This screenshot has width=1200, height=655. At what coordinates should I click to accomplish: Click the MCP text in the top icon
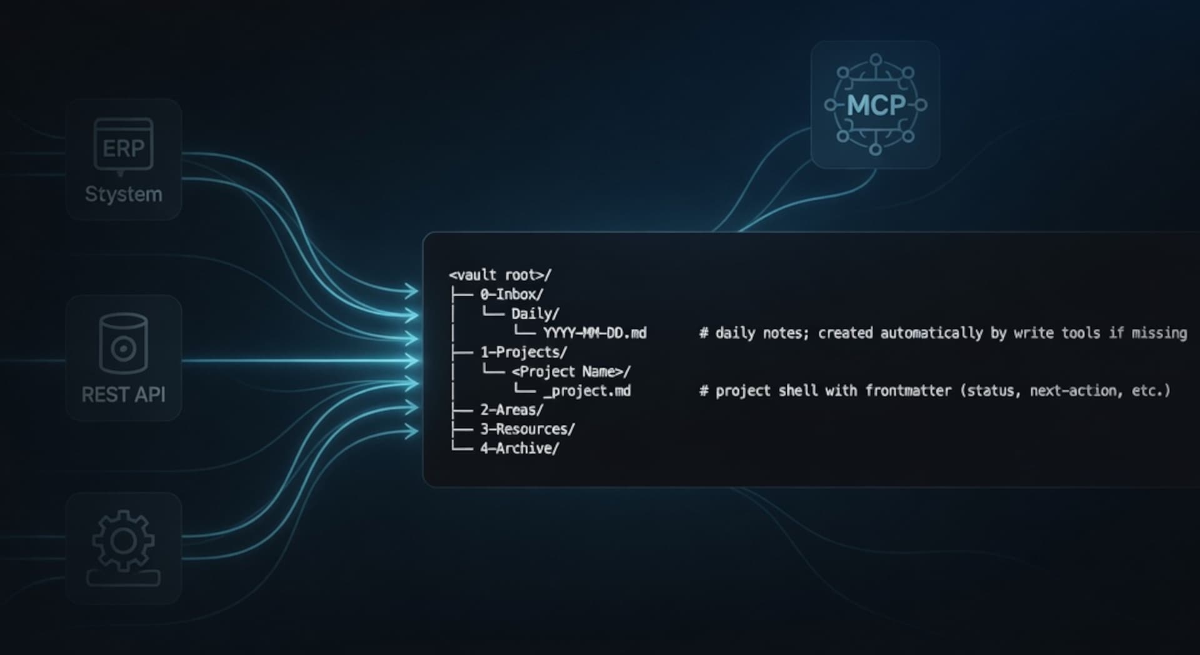876,106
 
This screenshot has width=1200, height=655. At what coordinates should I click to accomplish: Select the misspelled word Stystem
124,194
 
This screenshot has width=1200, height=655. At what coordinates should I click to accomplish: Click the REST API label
124,394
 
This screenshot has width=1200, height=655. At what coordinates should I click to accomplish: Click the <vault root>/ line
500,275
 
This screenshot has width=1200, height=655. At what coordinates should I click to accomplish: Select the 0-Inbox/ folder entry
511,294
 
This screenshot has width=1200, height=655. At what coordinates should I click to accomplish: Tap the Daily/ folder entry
535,314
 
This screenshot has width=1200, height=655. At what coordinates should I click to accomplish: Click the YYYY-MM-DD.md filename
594,333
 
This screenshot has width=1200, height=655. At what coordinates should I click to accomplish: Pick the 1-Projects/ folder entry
523,352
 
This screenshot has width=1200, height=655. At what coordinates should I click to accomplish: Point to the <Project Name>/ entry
571,372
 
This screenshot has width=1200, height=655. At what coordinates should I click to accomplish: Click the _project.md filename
586,391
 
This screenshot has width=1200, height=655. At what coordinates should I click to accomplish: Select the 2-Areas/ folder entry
511,410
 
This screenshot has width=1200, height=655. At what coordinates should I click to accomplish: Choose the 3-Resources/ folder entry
527,429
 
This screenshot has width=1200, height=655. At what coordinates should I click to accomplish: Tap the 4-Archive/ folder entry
519,449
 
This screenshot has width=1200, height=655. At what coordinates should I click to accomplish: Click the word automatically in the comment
931,333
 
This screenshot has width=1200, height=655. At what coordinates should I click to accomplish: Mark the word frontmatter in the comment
908,391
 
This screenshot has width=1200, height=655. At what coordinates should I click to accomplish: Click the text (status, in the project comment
990,391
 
